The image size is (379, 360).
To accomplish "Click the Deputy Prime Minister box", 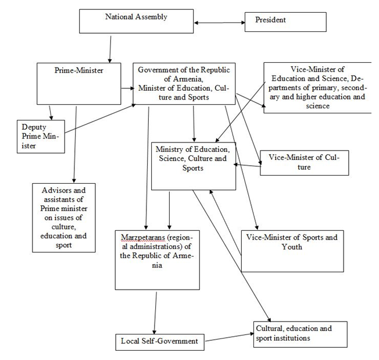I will [40, 136].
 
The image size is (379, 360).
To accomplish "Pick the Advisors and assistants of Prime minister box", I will [64, 218].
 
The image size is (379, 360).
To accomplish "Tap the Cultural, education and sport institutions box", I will [300, 334].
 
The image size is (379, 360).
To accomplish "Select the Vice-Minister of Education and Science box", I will [317, 87].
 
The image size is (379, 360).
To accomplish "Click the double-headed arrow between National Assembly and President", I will [219, 23].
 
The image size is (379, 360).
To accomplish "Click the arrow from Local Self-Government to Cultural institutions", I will [228, 337].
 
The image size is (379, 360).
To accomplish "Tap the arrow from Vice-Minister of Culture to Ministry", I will [247, 166].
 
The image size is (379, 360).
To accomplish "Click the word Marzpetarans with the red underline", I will [138, 238].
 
